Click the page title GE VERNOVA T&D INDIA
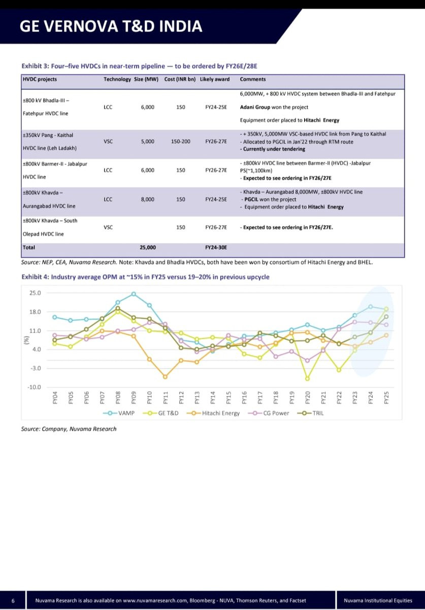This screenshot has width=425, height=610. (111, 26)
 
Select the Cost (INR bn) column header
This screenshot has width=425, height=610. (180, 79)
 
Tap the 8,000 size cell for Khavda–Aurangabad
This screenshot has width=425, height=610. (147, 199)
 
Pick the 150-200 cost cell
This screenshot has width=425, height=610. (181, 142)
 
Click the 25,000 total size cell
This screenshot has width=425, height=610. (148, 248)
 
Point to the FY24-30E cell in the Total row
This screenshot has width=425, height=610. (216, 248)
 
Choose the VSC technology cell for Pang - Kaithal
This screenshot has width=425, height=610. (108, 142)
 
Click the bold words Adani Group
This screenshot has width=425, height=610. (255, 107)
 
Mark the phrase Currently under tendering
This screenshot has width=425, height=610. (274, 149)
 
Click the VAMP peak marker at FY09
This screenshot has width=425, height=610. (134, 294)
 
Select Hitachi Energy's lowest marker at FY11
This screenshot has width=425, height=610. (165, 377)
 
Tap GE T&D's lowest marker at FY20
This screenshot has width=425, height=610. (308, 379)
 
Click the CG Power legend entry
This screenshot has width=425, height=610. (269, 413)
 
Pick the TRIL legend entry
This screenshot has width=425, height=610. (310, 413)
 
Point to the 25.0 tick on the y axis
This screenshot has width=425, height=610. (35, 293)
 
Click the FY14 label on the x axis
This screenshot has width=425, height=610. (213, 398)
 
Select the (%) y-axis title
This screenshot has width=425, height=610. (26, 340)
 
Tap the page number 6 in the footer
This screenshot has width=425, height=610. (13, 600)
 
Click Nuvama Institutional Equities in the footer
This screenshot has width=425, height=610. (378, 600)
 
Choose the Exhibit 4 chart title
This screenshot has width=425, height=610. (146, 277)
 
